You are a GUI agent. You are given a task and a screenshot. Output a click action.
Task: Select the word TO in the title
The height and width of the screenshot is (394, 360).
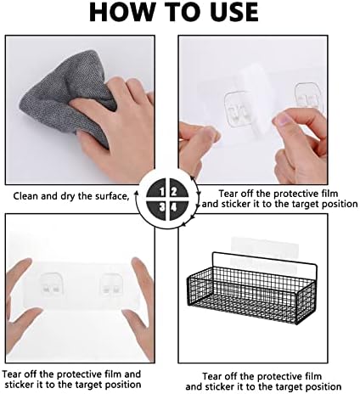point(176,12)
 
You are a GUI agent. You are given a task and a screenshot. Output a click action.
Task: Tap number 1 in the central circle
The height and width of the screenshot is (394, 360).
point(161,192)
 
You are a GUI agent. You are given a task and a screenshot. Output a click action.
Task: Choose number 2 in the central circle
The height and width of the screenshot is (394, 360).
point(174,192)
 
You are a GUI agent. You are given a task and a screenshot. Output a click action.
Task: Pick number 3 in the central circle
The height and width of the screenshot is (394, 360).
point(161,208)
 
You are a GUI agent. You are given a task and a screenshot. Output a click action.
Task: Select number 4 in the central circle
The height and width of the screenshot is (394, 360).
point(174,208)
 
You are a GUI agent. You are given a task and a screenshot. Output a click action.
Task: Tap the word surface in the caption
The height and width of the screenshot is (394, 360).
point(111,196)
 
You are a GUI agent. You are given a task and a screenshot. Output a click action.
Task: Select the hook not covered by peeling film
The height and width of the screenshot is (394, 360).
point(309,97)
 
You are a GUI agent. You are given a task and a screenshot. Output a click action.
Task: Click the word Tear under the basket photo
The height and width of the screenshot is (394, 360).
point(214,376)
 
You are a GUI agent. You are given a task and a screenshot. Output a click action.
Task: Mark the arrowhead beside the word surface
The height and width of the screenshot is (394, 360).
point(137,194)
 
